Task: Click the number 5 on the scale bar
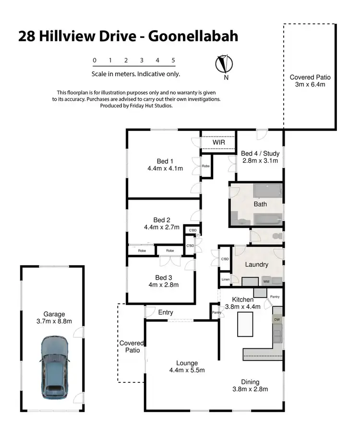pyautogui.click(x=173, y=60)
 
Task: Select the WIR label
pyautogui.click(x=218, y=142)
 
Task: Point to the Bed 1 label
pyautogui.click(x=165, y=161)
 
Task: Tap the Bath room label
pyautogui.click(x=260, y=204)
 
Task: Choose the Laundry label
pyautogui.click(x=256, y=264)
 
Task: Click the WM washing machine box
pyautogui.click(x=266, y=281)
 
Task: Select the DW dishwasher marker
pyautogui.click(x=276, y=319)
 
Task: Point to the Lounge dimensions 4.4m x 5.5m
pyautogui.click(x=187, y=370)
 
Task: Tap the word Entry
pyautogui.click(x=166, y=313)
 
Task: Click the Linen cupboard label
pyautogui.click(x=225, y=280)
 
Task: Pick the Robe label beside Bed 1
pyautogui.click(x=205, y=166)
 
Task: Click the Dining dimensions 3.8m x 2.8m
pyautogui.click(x=250, y=389)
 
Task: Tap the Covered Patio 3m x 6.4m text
pyautogui.click(x=310, y=84)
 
